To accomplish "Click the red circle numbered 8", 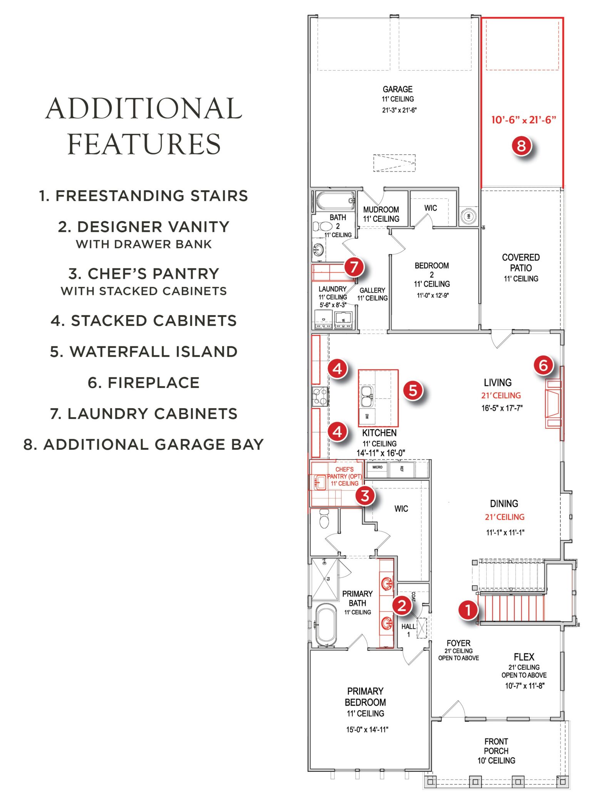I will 521,146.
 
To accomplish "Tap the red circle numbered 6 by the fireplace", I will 543,365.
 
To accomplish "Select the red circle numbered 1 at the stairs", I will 468,610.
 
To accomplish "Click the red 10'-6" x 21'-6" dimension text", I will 523,120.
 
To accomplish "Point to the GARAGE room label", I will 397,89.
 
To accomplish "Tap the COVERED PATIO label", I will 521,262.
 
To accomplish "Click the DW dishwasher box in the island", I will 367,416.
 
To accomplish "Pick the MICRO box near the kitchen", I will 377,467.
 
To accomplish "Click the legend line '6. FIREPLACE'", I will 143,382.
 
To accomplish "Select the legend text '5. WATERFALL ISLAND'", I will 143,351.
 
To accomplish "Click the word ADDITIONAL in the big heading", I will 143,109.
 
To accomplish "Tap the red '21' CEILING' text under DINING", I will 504,517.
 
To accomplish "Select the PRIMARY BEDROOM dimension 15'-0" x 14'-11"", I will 367,729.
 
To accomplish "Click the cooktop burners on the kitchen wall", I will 320,396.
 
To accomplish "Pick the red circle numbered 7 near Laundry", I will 354,267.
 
